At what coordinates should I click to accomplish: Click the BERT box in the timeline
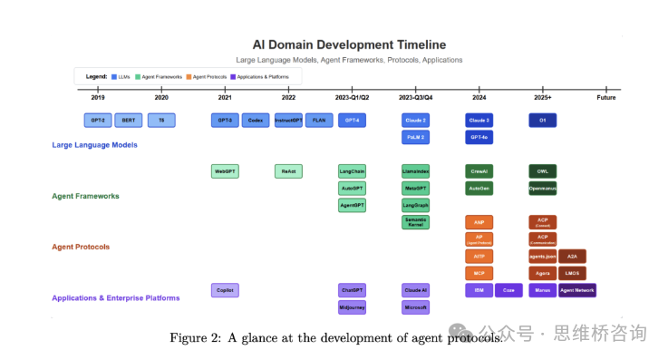[129, 120]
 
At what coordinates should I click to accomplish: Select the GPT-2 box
[97, 120]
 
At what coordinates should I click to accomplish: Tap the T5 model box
[161, 120]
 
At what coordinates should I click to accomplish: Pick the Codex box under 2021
[256, 120]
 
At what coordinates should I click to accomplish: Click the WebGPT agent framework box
[225, 170]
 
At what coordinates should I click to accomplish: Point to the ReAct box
[288, 170]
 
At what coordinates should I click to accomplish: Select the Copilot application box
[225, 290]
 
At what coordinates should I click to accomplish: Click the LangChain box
[352, 170]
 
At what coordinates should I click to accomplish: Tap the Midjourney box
[352, 307]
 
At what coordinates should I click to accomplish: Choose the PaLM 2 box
[415, 137]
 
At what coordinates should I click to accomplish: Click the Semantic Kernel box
[415, 222]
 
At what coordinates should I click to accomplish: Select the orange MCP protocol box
[479, 273]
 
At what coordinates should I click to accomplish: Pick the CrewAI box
[479, 170]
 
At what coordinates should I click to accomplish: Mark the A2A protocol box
[572, 256]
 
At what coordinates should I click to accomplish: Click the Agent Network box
[576, 290]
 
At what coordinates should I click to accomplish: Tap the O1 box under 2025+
[542, 120]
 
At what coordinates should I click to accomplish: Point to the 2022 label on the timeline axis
[288, 97]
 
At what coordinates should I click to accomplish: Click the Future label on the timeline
[605, 97]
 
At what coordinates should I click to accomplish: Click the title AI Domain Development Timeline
[349, 44]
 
